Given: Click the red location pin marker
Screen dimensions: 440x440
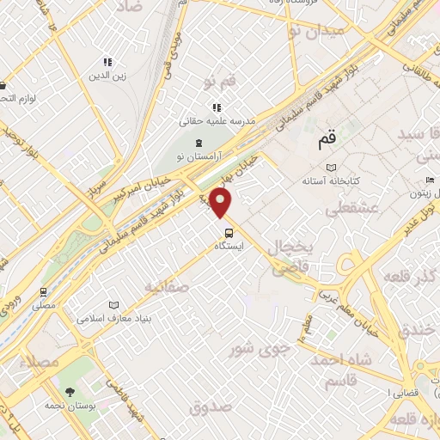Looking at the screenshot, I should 223,203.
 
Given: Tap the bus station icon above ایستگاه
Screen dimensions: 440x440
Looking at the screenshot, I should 229,232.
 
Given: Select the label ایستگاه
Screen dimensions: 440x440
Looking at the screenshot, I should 229,246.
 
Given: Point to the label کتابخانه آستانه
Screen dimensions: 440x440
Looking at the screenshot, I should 334,181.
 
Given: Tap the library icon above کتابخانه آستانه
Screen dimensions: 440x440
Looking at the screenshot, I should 333,167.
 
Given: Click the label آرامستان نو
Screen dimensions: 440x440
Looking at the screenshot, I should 199,156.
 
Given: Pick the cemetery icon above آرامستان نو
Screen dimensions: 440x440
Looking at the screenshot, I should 199,142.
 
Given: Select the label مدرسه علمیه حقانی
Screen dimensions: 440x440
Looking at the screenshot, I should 218,122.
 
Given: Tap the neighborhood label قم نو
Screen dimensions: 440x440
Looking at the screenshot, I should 219,82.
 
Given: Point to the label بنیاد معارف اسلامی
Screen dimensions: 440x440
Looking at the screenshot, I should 114,318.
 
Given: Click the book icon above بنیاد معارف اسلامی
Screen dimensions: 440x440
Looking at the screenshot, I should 114,304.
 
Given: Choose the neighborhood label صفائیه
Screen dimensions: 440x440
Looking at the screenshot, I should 166,285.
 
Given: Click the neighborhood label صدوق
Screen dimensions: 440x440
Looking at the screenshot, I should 211,406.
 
